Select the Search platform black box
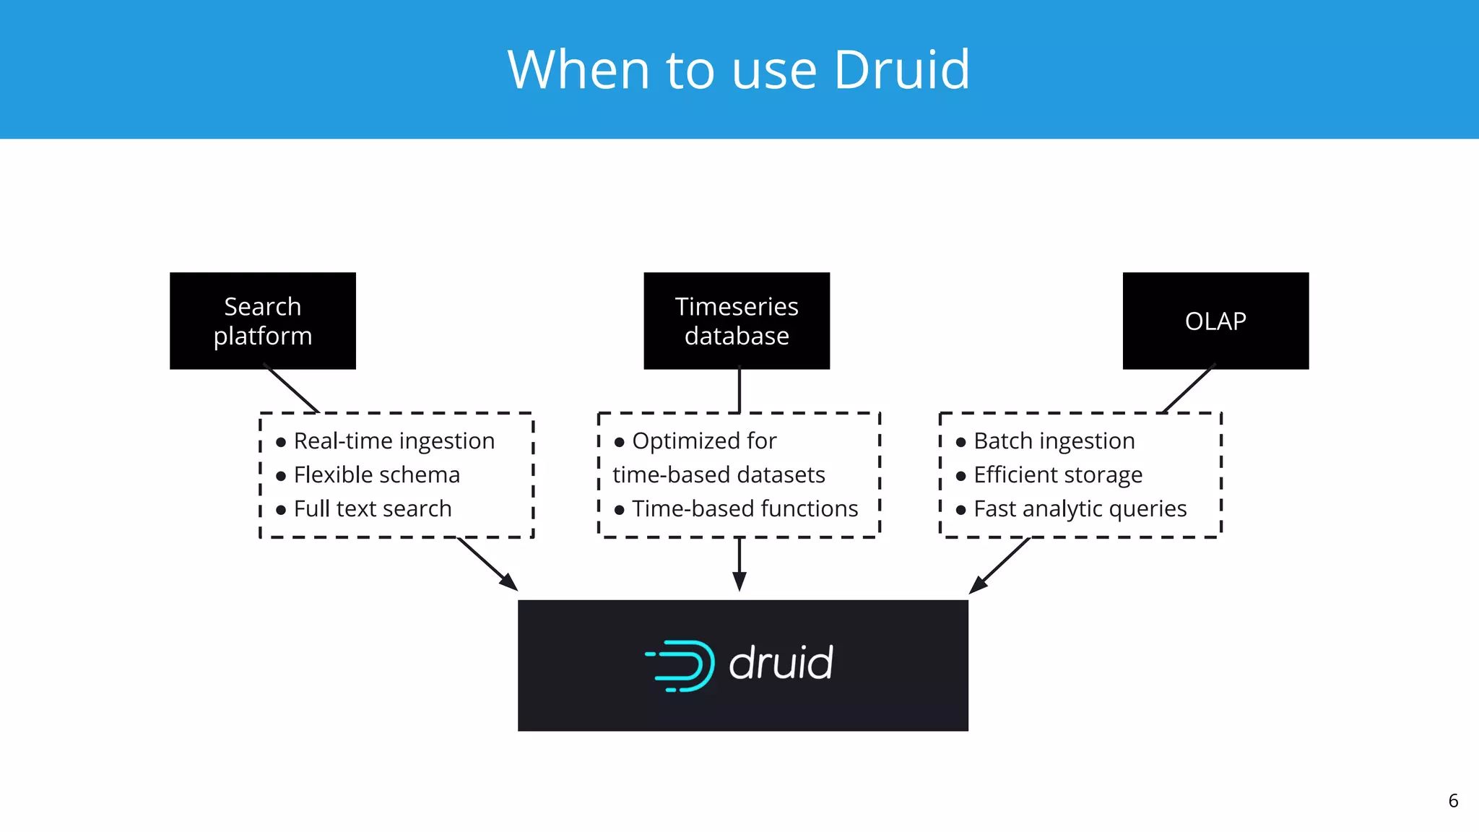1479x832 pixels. (x=263, y=321)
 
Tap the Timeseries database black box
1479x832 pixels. (x=737, y=321)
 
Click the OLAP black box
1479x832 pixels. (x=1215, y=321)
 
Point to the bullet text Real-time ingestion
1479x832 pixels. (x=394, y=441)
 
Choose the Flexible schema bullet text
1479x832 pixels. (x=376, y=474)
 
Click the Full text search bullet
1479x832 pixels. (x=372, y=508)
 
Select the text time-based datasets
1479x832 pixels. (x=719, y=474)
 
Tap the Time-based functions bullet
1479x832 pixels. (x=745, y=508)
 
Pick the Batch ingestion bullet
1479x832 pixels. (x=1054, y=441)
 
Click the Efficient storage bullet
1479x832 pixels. (x=1057, y=474)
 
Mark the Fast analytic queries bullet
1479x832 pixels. (x=1080, y=508)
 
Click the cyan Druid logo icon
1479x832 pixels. (x=681, y=665)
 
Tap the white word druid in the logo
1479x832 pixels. (x=781, y=664)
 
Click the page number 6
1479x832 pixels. (x=1453, y=801)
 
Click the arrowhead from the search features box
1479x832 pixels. (x=509, y=582)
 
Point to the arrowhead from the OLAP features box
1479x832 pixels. (x=978, y=585)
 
